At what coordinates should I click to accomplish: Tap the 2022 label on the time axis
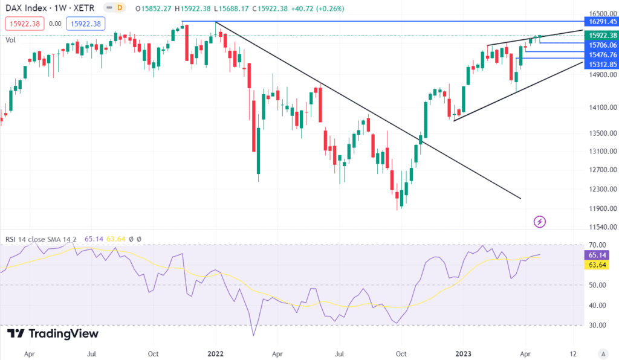point(216,353)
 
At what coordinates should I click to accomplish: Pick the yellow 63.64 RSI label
point(596,265)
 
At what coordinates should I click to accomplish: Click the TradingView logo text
point(54,334)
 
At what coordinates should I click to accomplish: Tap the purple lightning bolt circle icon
point(540,222)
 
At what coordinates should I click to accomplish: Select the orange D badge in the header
point(120,8)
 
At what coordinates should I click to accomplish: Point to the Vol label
point(11,40)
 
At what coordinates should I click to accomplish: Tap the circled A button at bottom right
point(603,353)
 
